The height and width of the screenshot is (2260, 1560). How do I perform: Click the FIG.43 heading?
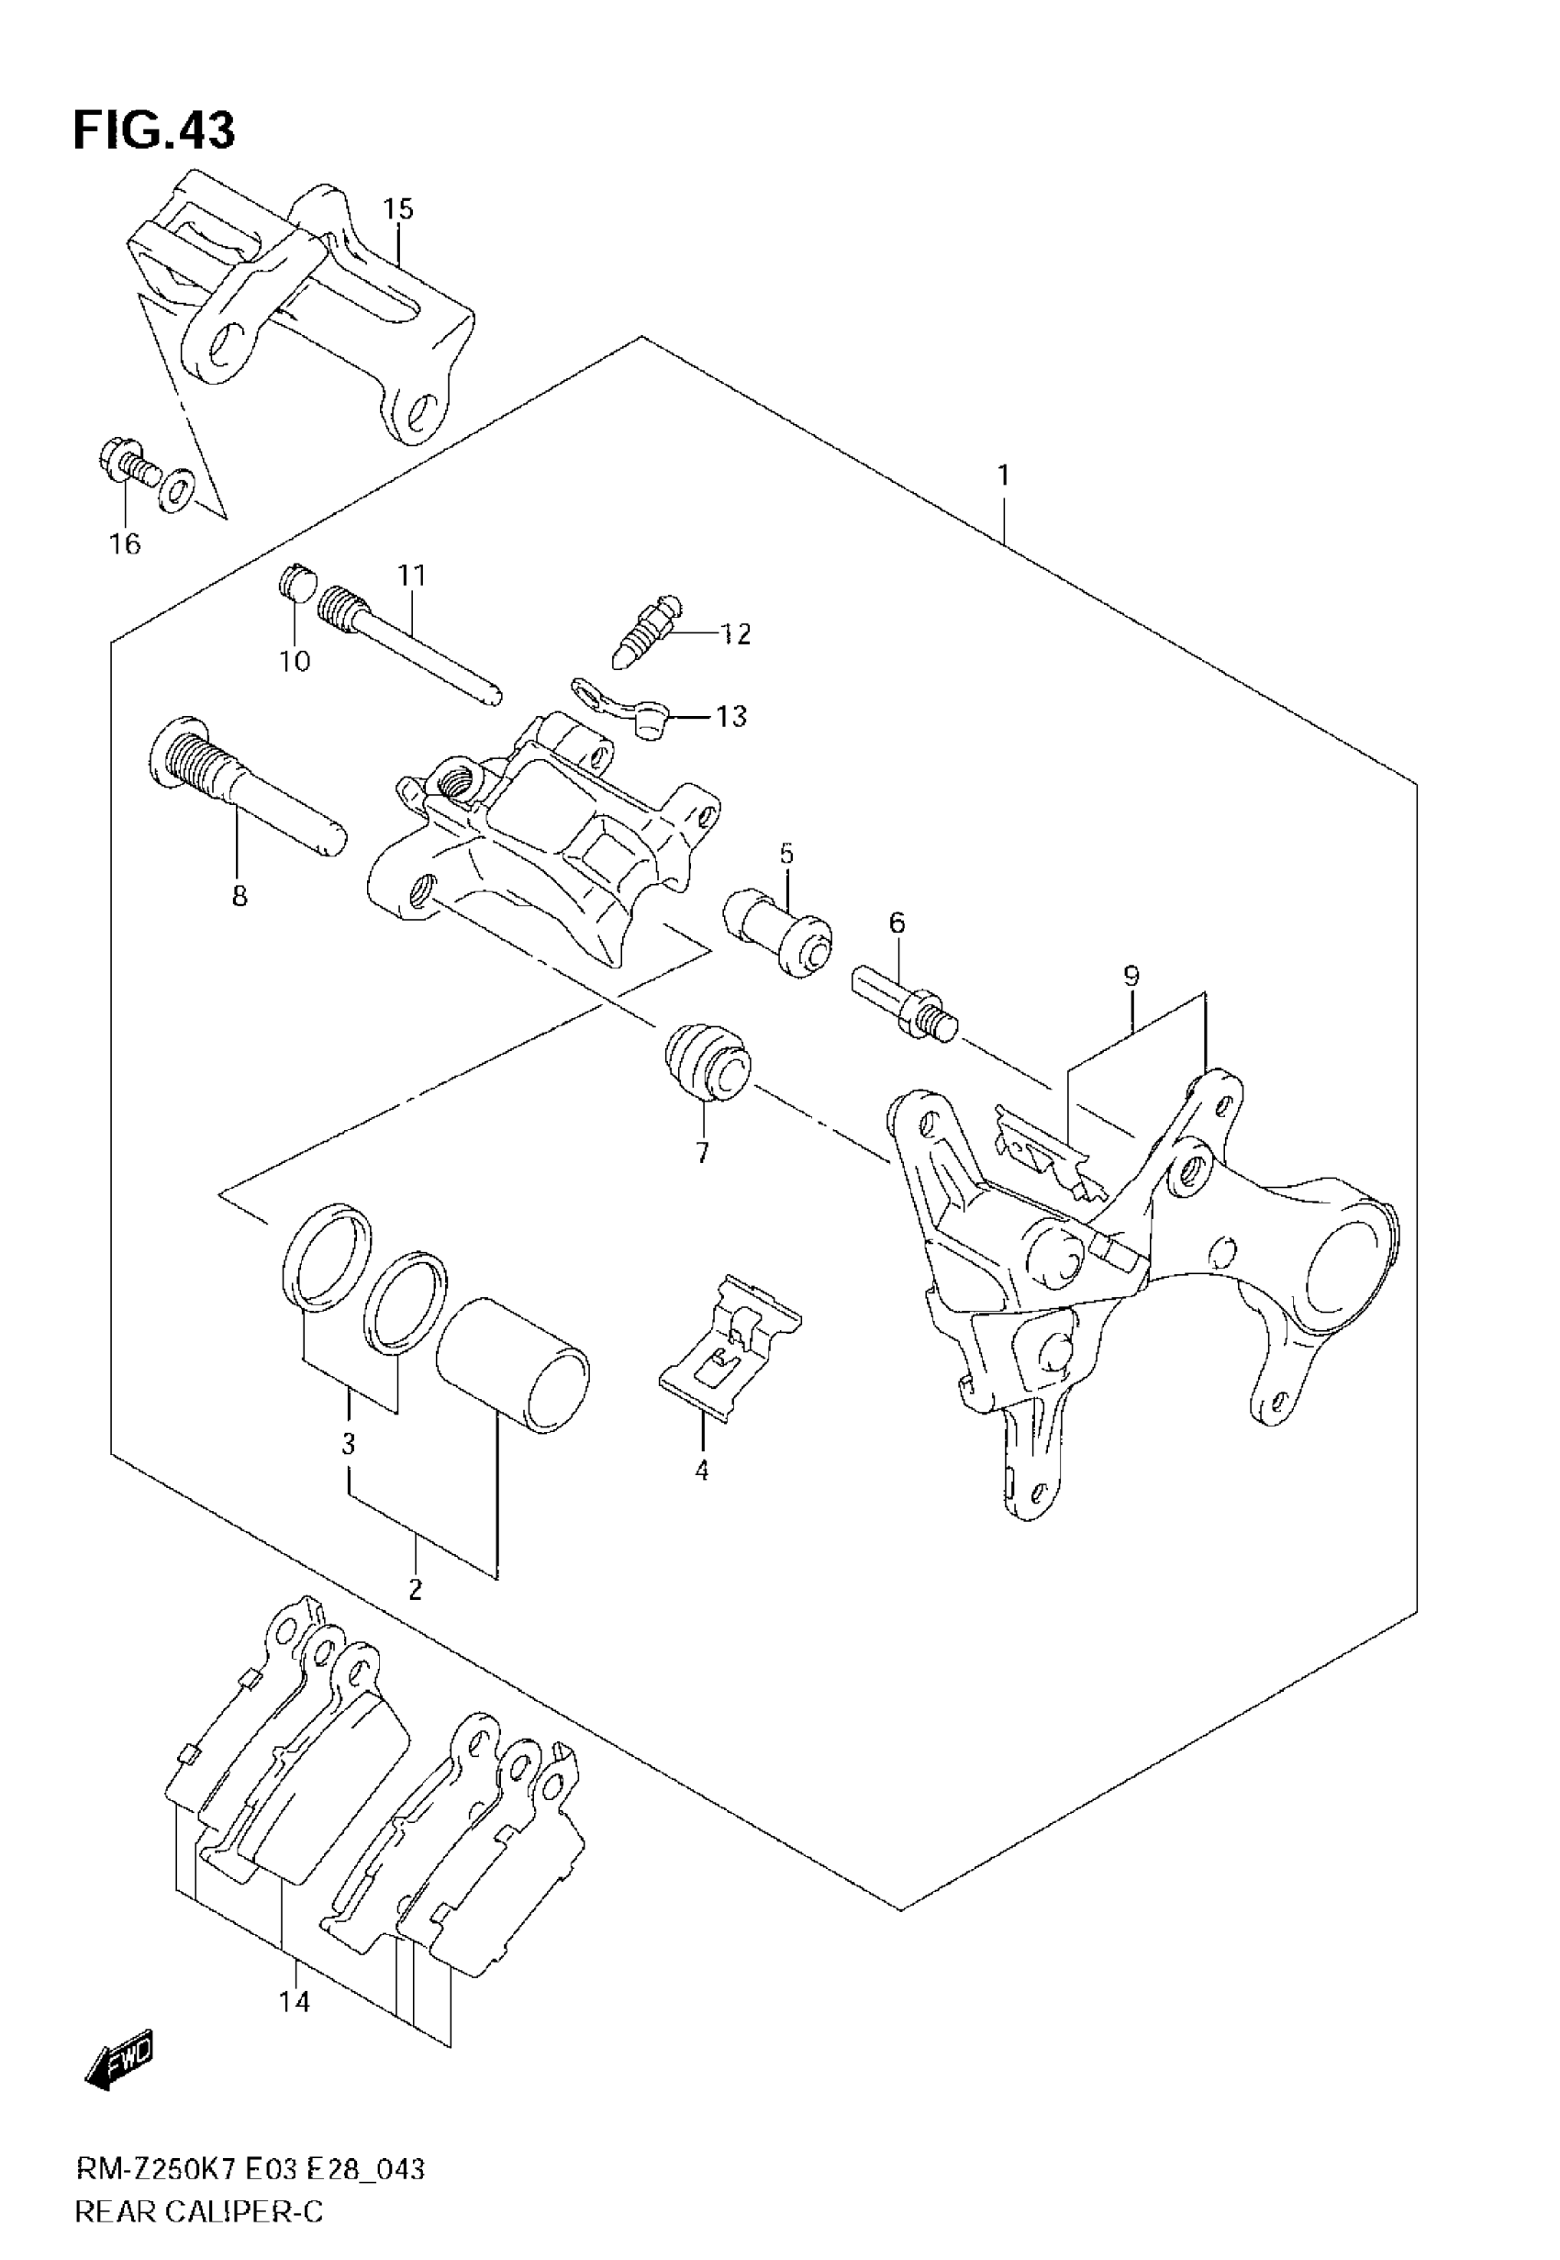pyautogui.click(x=154, y=131)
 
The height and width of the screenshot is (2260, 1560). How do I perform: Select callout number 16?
pyautogui.click(x=125, y=544)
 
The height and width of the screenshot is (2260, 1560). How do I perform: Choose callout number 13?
pyautogui.click(x=731, y=717)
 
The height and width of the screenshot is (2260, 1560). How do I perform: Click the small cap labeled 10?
pyautogui.click(x=295, y=584)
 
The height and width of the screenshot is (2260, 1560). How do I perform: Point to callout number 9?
pyautogui.click(x=1131, y=976)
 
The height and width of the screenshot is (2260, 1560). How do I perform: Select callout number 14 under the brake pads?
pyautogui.click(x=295, y=2003)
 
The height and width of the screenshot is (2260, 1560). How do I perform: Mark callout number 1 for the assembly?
pyautogui.click(x=1003, y=476)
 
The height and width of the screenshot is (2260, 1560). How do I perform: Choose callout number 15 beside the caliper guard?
pyautogui.click(x=398, y=209)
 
